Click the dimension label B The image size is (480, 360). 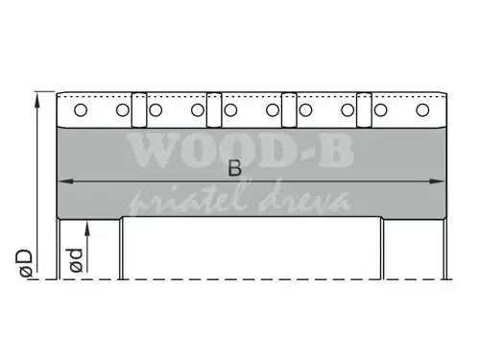click(234, 168)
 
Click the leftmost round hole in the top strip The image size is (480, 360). click(80, 110)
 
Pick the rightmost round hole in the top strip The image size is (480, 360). click(422, 110)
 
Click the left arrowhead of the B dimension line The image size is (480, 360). click(64, 181)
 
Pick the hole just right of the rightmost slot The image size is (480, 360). click(380, 110)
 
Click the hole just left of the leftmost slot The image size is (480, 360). click(123, 110)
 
